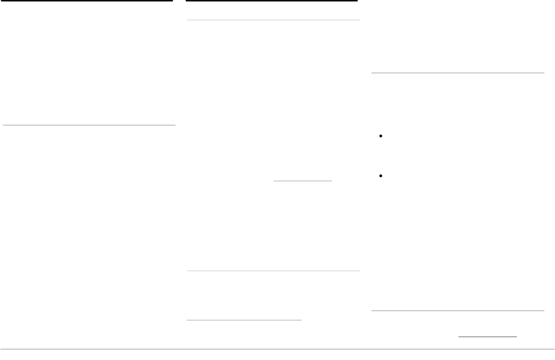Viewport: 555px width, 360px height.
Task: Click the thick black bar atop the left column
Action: click(86, 1)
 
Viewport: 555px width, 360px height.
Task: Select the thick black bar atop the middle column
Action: click(271, 1)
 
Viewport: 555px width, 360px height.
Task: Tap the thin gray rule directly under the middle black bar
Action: click(273, 20)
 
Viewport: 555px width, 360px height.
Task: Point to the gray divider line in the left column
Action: click(89, 125)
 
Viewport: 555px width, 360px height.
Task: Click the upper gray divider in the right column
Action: click(457, 73)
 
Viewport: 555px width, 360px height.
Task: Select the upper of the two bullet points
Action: click(381, 137)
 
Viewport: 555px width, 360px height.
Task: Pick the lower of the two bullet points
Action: click(381, 176)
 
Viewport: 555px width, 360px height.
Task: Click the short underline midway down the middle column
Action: click(303, 181)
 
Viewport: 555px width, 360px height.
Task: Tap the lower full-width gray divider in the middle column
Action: click(273, 271)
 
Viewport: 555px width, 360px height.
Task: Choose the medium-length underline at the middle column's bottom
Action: click(244, 319)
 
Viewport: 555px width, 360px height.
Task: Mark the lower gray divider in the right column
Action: click(457, 310)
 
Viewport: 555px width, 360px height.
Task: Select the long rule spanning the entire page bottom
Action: click(277, 349)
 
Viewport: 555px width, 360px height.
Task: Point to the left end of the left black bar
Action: click(1, 1)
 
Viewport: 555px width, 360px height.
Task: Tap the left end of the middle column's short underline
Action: click(274, 181)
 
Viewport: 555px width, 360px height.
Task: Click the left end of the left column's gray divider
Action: click(3, 125)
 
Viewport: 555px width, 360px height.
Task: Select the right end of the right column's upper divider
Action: click(543, 73)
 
